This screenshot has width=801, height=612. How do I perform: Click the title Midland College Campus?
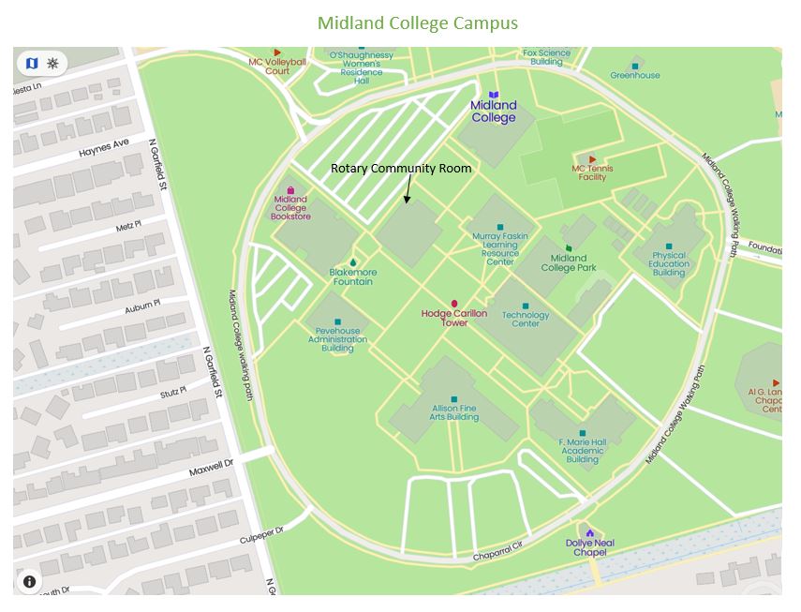417,22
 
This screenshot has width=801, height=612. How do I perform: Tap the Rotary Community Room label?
401,168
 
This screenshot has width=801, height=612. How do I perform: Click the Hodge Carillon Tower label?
454,318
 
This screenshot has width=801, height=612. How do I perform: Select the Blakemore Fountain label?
352,276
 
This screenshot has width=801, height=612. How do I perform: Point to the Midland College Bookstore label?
290,207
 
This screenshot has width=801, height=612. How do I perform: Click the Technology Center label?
525,320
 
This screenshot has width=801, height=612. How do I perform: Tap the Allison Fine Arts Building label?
454,412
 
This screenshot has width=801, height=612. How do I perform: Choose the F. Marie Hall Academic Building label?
582,450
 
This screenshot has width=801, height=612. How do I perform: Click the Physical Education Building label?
669,263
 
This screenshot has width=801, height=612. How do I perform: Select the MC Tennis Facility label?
592,172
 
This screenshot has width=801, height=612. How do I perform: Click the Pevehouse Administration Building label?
337,339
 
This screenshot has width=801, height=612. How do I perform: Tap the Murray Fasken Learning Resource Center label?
499,249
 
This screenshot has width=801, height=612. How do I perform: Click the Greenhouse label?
635,75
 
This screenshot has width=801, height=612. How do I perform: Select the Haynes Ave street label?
104,148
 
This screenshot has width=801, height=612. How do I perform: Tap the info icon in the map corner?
30,581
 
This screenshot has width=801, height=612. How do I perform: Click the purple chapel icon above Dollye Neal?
589,532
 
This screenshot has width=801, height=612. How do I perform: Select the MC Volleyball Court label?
277,66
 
